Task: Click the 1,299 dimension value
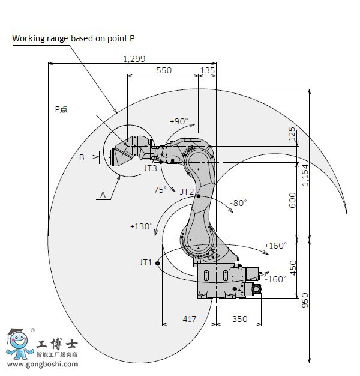coord(134,58)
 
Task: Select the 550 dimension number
coord(163,70)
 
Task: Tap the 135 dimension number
coord(207,70)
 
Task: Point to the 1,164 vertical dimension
coord(305,175)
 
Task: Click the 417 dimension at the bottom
coord(189,320)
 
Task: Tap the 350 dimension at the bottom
coord(239,320)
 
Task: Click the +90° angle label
coord(179,121)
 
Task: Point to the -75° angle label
coord(158,189)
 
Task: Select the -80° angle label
coord(238,203)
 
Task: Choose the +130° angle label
coord(141,226)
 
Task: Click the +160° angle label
coord(275,245)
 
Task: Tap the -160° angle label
coord(275,279)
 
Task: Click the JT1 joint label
coord(146,262)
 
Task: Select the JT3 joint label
coord(150,169)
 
